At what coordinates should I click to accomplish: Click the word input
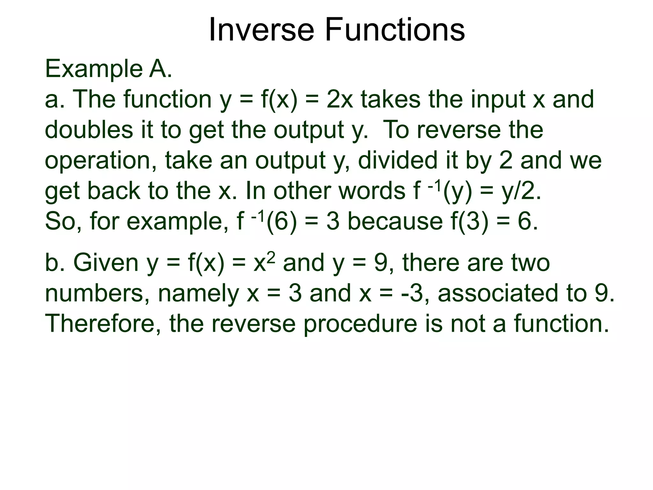pos(498,100)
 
